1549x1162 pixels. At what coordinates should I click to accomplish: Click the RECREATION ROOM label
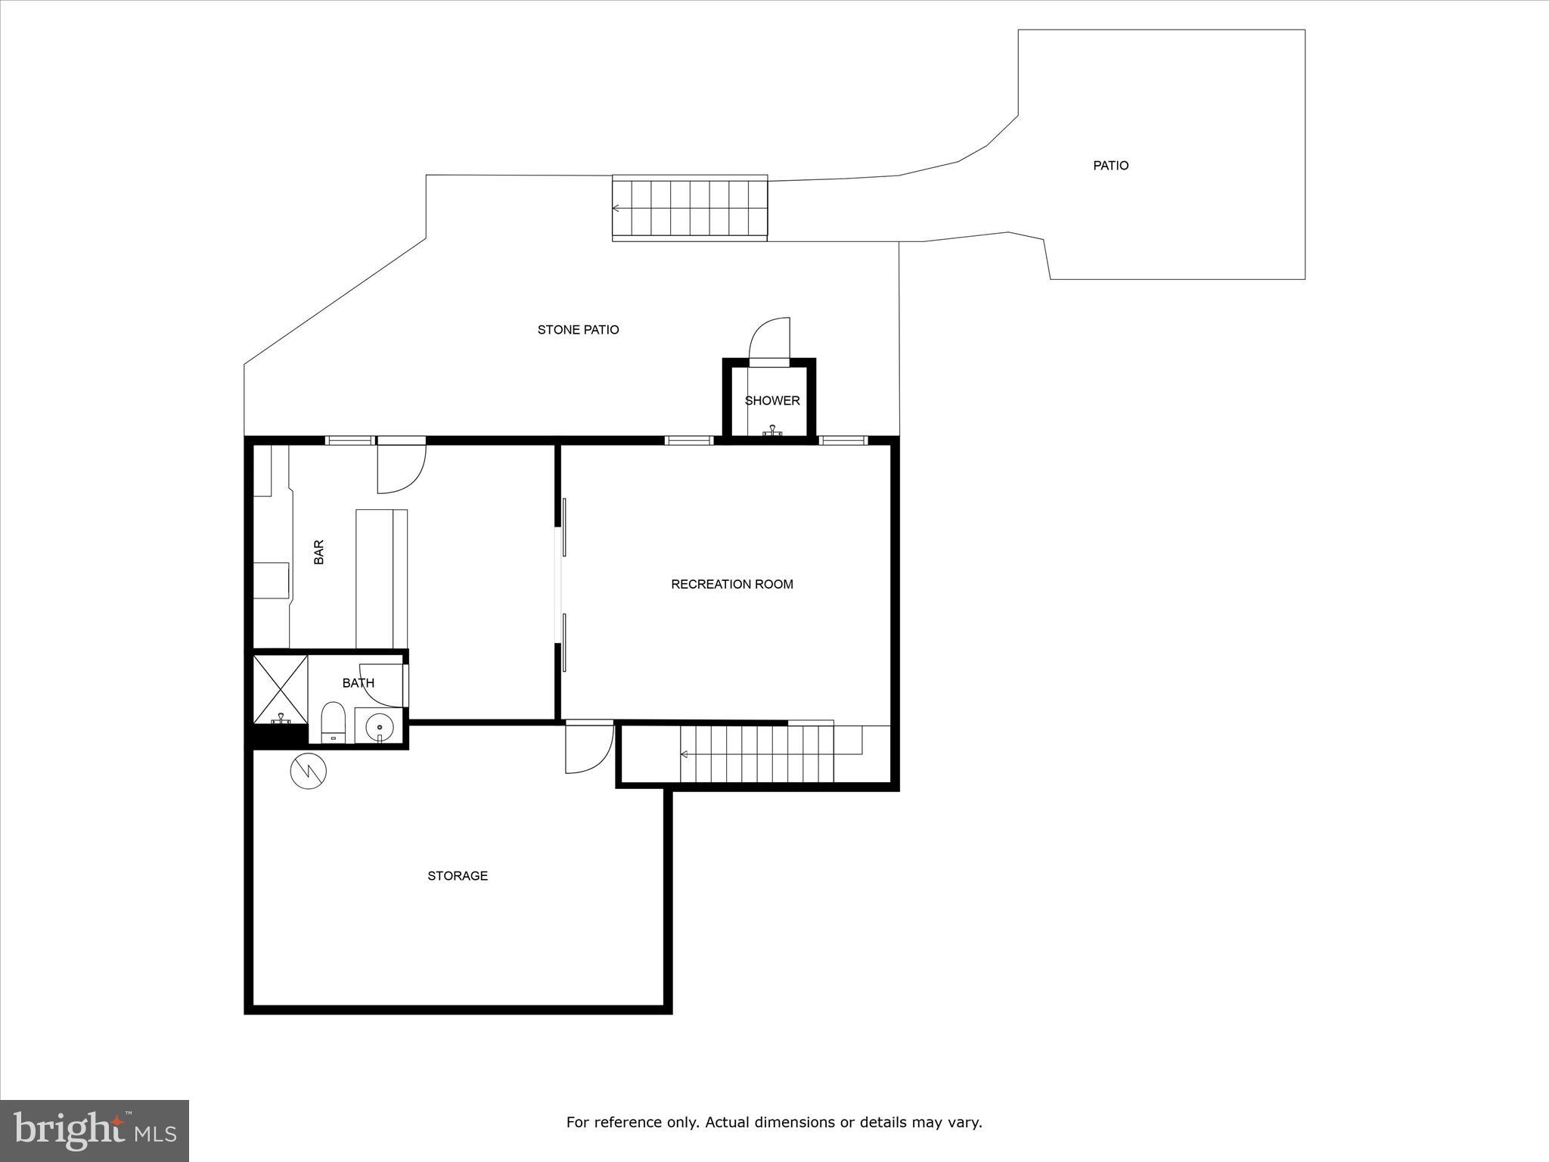coord(731,584)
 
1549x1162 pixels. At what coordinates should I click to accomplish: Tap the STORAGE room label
coord(457,875)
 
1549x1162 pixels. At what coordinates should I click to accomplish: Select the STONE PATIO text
coord(578,330)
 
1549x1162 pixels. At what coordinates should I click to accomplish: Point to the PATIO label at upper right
coord(1110,166)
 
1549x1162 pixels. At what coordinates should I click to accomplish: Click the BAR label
coord(318,551)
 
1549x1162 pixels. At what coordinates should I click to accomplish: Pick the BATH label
coord(358,683)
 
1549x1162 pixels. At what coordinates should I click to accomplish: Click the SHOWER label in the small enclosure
coord(771,401)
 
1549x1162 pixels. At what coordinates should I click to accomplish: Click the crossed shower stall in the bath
coord(280,689)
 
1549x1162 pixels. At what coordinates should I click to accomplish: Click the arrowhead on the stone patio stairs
coord(616,208)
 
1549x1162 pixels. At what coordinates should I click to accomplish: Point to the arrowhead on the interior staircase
coord(684,754)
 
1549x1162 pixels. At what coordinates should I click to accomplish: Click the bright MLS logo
coord(95,1131)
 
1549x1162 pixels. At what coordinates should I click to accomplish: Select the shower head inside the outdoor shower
coord(771,432)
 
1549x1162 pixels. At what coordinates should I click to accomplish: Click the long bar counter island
coord(381,579)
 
